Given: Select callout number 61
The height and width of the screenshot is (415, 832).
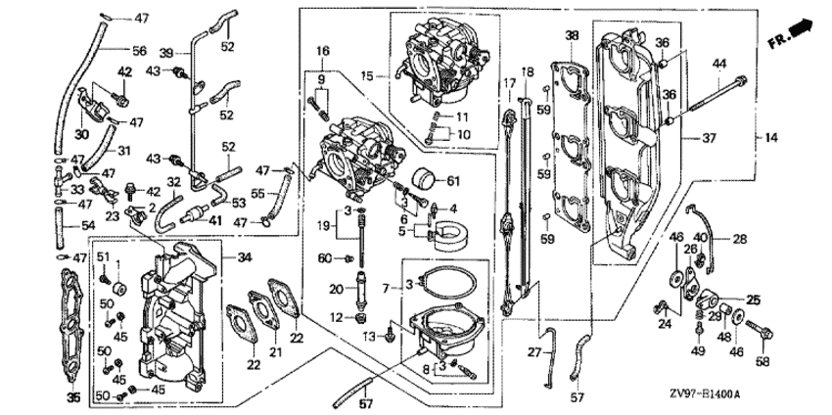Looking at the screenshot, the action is point(453,181).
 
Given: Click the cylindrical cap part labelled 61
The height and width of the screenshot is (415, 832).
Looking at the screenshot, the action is point(424,178).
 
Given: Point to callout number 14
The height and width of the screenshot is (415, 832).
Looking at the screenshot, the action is point(771,138).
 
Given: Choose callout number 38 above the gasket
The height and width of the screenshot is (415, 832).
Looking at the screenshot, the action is point(572,36).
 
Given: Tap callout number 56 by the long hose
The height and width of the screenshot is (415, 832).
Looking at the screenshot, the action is point(139,51).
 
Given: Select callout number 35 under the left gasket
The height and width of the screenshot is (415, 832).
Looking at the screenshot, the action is point(73,397).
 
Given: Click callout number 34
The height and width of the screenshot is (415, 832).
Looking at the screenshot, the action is point(244,258).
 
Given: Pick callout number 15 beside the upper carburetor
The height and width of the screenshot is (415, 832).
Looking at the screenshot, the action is point(368,76).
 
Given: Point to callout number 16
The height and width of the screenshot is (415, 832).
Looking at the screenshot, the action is point(323,52).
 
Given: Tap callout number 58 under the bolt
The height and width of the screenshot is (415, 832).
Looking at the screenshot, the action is point(763,361).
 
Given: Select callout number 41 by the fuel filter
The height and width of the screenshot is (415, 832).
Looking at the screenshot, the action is point(215,219).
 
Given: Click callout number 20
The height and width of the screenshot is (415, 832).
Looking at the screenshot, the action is point(336,289).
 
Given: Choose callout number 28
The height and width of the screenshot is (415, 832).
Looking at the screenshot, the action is point(740,240).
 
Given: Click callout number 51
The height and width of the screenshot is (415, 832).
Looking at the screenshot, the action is point(103,257).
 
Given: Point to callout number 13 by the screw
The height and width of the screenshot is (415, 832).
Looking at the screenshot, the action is point(369,337).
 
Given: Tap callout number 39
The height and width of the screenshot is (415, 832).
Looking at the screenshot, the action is point(166,53).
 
